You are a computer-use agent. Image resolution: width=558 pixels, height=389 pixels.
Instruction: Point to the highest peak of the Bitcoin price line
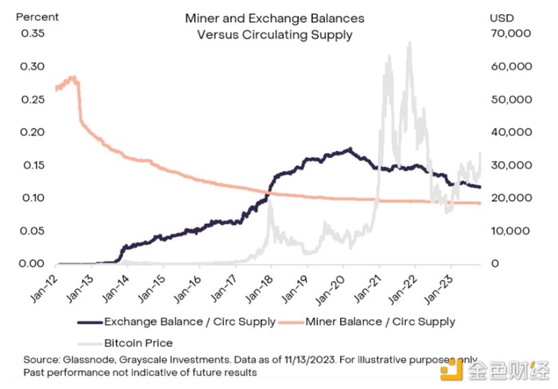409,43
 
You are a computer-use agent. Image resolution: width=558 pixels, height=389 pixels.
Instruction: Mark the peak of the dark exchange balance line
349,149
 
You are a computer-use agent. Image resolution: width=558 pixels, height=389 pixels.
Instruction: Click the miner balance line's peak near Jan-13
73,77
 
